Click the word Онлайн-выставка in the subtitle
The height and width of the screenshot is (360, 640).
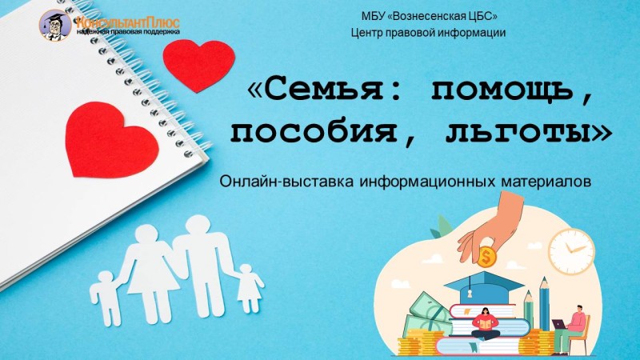pyautogui.click(x=287, y=182)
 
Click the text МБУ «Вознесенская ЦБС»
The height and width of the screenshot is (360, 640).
pyautogui.click(x=430, y=16)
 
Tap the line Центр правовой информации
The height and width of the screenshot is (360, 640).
pyautogui.click(x=429, y=33)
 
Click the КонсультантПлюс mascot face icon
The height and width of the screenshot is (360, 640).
pyautogui.click(x=55, y=26)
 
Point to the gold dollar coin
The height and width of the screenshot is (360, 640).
pyautogui.click(x=486, y=256)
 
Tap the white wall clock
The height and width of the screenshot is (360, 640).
pyautogui.click(x=570, y=250)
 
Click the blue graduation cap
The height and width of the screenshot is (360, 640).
pyautogui.click(x=485, y=286)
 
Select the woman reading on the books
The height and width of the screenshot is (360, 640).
pyautogui.click(x=486, y=323)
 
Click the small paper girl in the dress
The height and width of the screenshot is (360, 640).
pyautogui.click(x=248, y=288)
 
